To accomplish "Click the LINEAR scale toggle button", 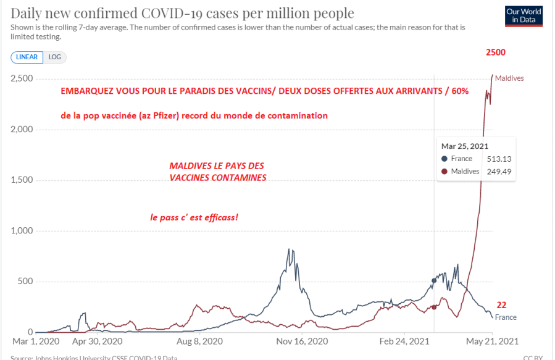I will point(27,57).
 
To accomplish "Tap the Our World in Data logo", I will point(524,16).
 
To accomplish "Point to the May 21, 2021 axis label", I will point(492,341).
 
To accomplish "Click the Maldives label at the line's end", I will point(509,78).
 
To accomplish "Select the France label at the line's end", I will point(506,317).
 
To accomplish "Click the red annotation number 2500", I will point(495,52).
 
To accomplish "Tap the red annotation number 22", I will point(502,304).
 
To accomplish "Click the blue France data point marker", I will point(434,280).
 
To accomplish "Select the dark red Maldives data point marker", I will point(434,307).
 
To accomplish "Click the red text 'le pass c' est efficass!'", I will point(194,217).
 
